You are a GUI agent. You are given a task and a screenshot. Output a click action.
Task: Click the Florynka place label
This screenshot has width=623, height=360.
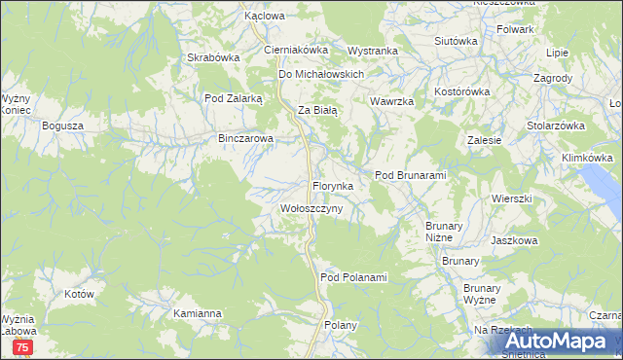point(338,185)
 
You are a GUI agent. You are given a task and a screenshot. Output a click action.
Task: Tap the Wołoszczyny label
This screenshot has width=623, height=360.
point(311,209)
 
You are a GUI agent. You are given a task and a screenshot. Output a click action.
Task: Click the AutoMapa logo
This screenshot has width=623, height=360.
point(564,342)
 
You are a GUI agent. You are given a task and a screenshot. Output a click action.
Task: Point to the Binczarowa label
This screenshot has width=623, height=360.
point(246,139)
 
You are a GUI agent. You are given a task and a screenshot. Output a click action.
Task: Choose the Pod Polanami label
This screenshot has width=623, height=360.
point(353,278)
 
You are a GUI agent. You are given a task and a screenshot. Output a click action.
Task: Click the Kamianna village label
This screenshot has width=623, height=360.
point(198,314)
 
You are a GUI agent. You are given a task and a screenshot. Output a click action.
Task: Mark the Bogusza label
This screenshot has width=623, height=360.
point(63,126)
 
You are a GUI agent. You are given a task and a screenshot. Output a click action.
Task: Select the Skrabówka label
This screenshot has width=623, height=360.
point(213,57)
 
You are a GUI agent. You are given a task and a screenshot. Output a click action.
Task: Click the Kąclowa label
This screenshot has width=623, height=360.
point(264,17)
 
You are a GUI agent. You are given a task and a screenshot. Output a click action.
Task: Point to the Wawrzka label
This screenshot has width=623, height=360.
point(392,101)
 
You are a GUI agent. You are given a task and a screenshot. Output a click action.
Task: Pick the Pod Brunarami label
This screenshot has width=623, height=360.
point(410,175)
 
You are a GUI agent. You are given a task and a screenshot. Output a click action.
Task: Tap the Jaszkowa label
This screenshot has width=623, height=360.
point(515,239)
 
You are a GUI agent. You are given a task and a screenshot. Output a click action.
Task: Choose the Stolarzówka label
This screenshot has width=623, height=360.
point(555,126)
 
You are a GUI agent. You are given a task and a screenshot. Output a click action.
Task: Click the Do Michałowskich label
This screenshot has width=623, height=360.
point(321,74)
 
